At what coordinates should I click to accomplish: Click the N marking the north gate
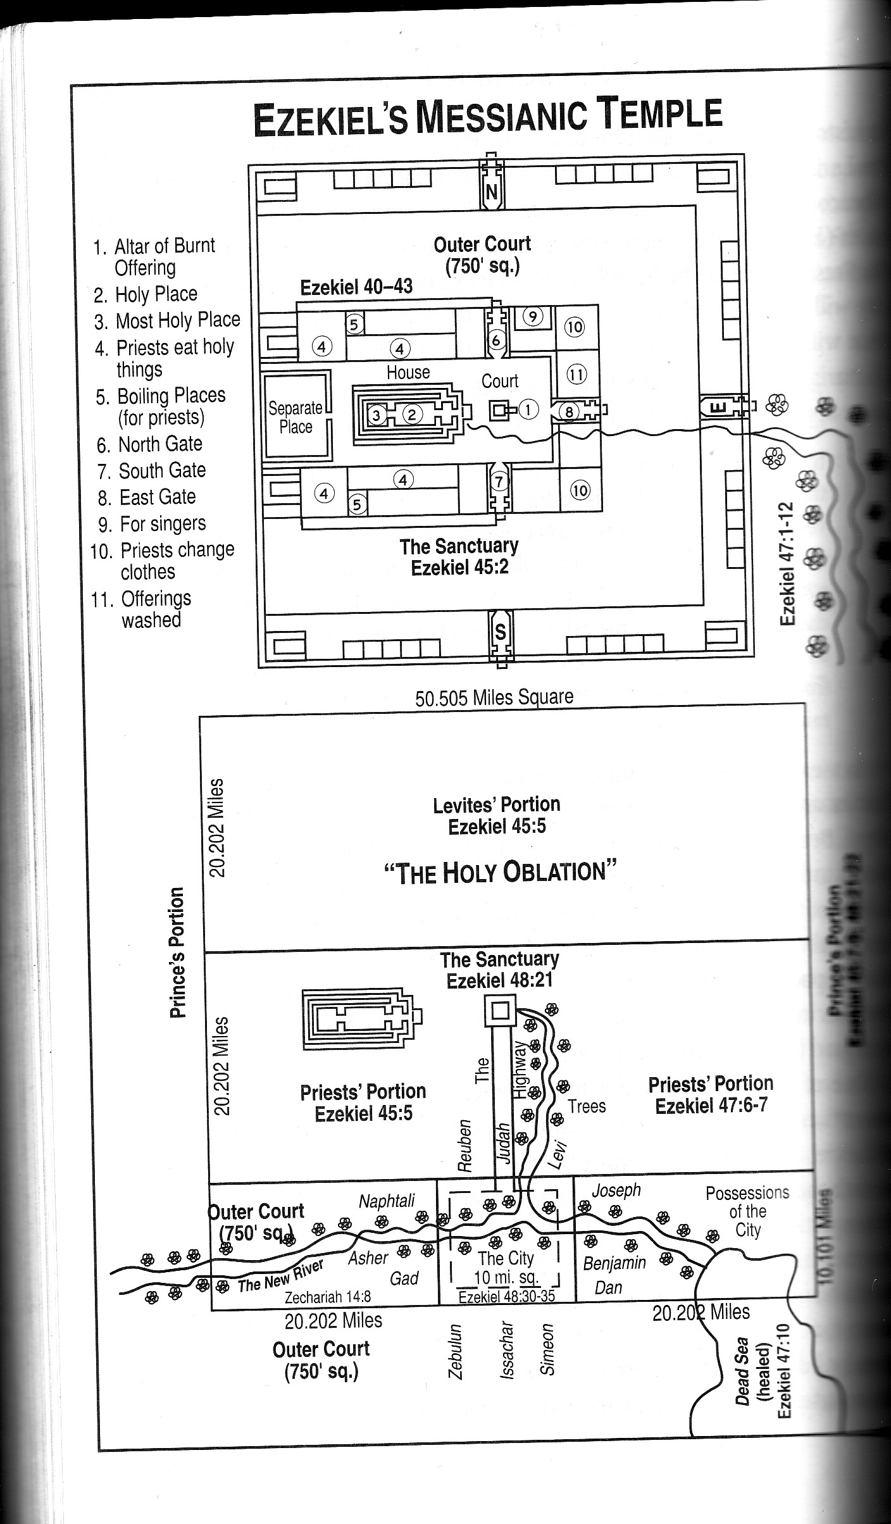pyautogui.click(x=492, y=191)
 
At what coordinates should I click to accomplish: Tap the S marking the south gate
pyautogui.click(x=500, y=632)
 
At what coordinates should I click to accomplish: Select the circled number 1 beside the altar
pyautogui.click(x=528, y=410)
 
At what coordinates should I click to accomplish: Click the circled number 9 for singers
pyautogui.click(x=533, y=316)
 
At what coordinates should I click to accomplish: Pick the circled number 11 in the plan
pyautogui.click(x=576, y=375)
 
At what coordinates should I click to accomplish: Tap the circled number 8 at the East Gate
pyautogui.click(x=569, y=412)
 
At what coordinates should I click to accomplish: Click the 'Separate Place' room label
pyautogui.click(x=296, y=417)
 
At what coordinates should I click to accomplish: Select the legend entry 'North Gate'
pyautogui.click(x=159, y=444)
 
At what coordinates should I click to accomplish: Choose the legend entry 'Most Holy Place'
pyautogui.click(x=177, y=320)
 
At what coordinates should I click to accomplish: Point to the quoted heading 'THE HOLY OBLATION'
pyautogui.click(x=500, y=872)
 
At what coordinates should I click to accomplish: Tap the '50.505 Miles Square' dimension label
pyautogui.click(x=494, y=697)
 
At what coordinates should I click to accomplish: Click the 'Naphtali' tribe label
pyautogui.click(x=387, y=1201)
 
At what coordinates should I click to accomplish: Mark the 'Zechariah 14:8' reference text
pyautogui.click(x=327, y=1297)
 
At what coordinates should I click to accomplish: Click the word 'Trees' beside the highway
pyautogui.click(x=587, y=1106)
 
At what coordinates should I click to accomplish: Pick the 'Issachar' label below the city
pyautogui.click(x=506, y=1349)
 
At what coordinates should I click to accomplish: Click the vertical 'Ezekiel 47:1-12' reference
pyautogui.click(x=787, y=563)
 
